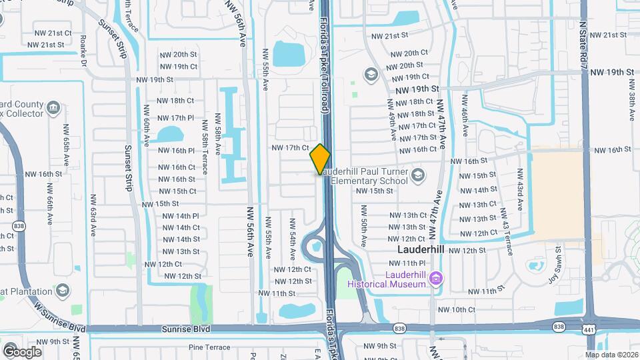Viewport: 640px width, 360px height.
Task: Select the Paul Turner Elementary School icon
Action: [418, 175]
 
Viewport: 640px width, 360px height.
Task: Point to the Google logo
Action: [21, 351]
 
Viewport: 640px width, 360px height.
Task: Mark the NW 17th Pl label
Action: [177, 118]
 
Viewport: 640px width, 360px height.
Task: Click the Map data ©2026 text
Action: [611, 355]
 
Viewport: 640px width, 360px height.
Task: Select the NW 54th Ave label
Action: [293, 237]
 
